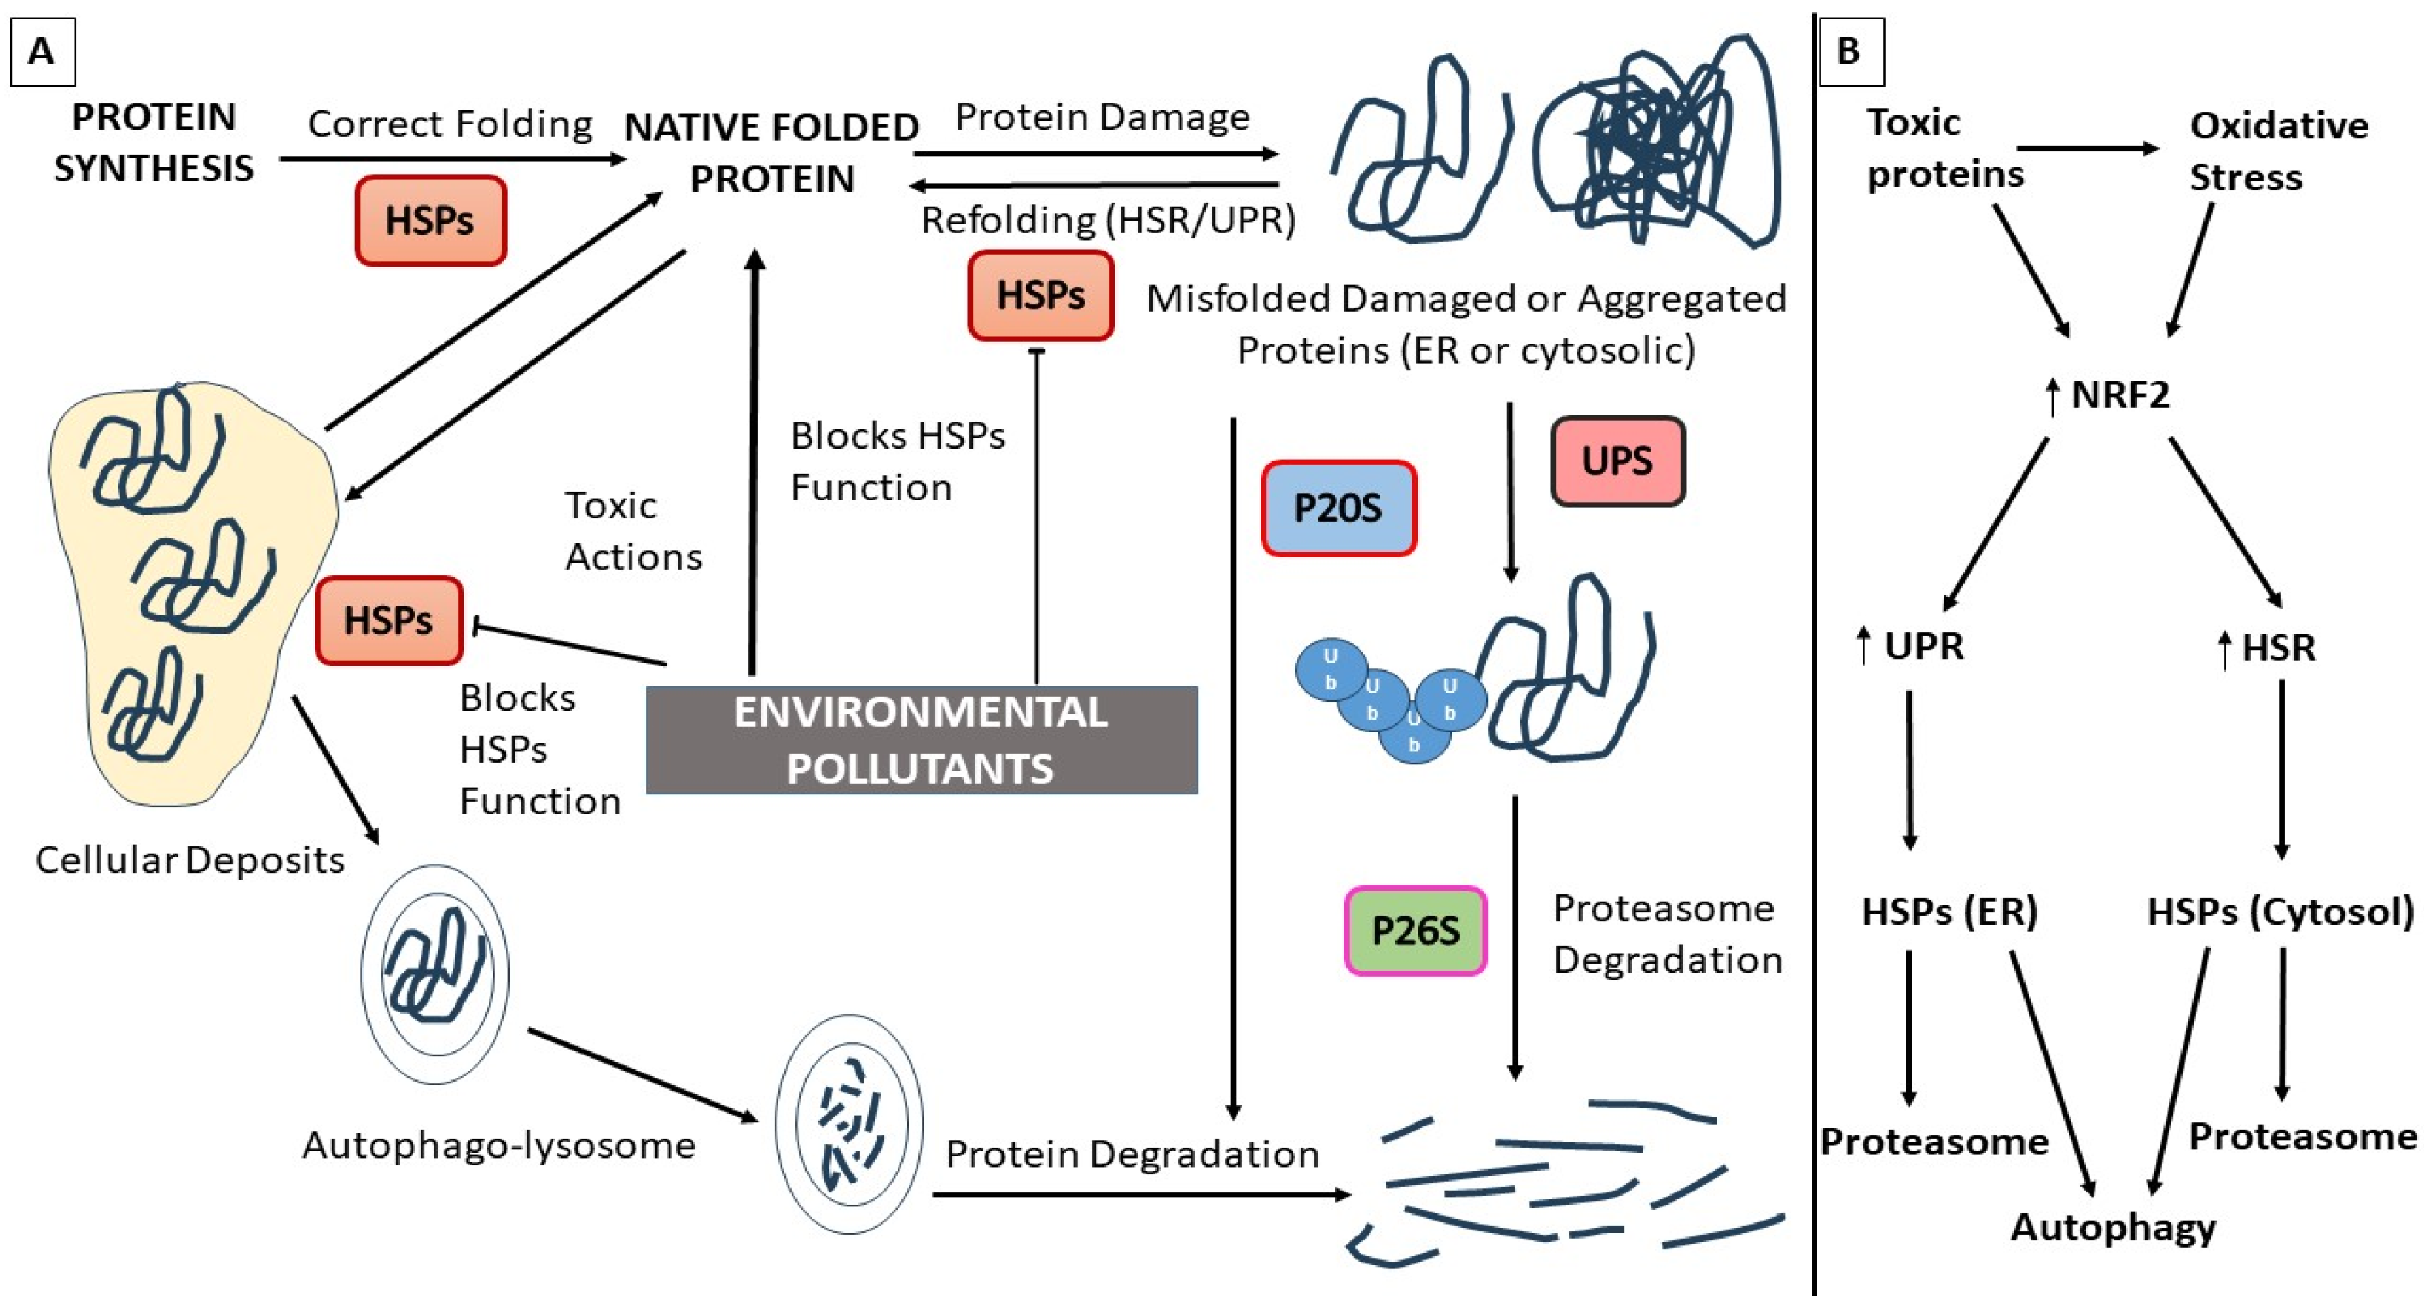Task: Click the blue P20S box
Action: [x=1338, y=508]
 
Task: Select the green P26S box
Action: [x=1415, y=931]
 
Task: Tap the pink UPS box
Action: [x=1617, y=461]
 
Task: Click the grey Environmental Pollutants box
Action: [x=921, y=740]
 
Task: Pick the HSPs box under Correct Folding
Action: [x=430, y=220]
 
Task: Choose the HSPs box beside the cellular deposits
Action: [x=389, y=621]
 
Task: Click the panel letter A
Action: [x=41, y=51]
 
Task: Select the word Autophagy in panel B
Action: [x=2112, y=1227]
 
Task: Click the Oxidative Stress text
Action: [x=2277, y=150]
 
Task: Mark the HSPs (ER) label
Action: [x=1949, y=911]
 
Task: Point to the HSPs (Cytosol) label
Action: [x=2279, y=911]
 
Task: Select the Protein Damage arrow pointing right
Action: [x=1095, y=153]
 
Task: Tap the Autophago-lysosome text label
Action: [x=498, y=1145]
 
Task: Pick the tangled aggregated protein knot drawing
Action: [x=1656, y=141]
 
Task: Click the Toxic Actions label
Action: [x=632, y=532]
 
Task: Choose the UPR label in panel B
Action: [x=1923, y=646]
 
